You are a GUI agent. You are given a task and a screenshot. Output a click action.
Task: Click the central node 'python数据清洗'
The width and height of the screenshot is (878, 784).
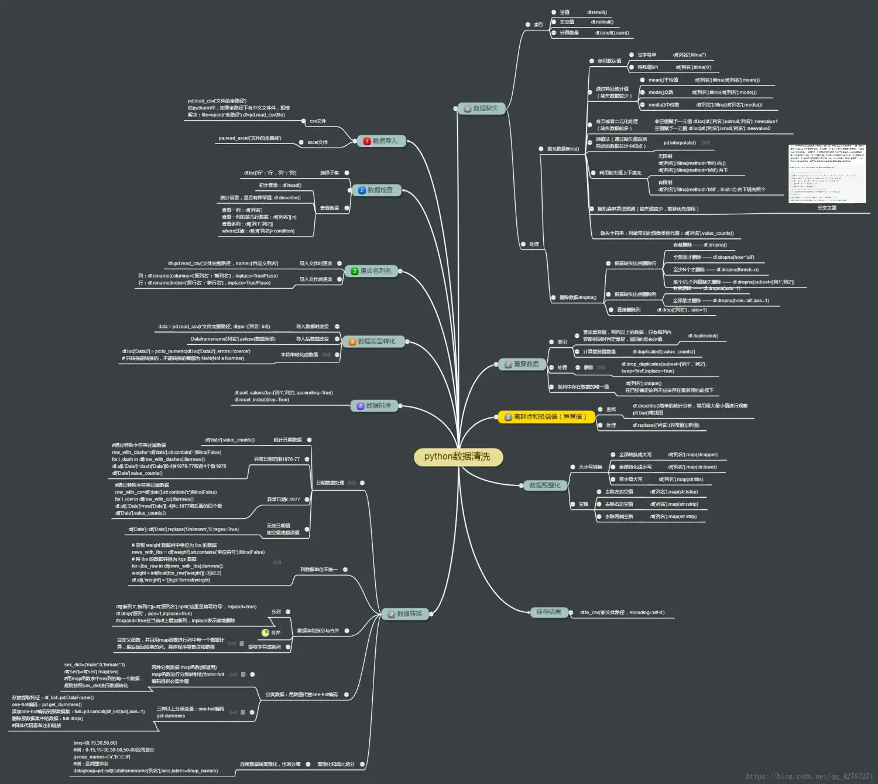tap(457, 457)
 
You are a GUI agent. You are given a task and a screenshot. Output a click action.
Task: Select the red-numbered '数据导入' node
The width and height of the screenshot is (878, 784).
tap(381, 141)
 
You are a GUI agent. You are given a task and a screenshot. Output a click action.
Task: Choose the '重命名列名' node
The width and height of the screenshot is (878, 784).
tap(371, 271)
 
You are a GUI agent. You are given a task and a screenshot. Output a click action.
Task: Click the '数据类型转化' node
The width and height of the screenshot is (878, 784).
tap(373, 341)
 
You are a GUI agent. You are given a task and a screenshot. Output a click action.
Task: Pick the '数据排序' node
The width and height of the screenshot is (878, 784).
tap(375, 406)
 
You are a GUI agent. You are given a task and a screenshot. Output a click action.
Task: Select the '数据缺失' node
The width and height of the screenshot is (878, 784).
tap(481, 108)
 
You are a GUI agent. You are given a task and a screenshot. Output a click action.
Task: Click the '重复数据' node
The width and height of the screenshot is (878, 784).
tap(522, 364)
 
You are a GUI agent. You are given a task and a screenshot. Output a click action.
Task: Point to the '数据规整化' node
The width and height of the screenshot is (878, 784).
tap(544, 485)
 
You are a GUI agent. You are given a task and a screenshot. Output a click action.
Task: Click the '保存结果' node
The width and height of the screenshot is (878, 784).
tap(548, 612)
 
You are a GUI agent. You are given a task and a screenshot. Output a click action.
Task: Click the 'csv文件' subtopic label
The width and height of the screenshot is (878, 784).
tap(317, 121)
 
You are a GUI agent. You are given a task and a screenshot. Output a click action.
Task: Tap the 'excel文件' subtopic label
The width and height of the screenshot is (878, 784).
tap(317, 142)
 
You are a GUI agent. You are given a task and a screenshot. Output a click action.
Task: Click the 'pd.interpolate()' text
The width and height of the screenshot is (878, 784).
tap(680, 143)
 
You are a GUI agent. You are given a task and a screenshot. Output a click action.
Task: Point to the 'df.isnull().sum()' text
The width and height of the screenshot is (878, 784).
tap(612, 33)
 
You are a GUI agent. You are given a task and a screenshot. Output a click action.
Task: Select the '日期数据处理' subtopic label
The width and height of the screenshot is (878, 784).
tap(330, 483)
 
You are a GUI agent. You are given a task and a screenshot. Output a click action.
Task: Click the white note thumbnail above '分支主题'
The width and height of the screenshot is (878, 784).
tap(827, 173)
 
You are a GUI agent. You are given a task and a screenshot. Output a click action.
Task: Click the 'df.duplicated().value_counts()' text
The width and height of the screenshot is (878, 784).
tap(664, 352)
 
